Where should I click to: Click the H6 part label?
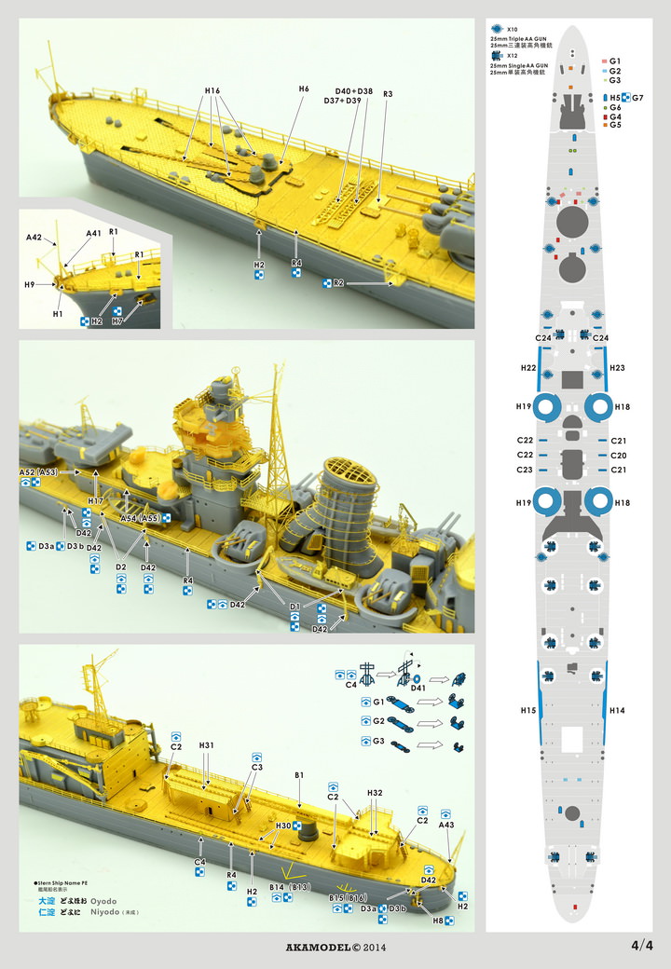tap(304, 89)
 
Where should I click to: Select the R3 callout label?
tap(388, 94)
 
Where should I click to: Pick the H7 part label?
tap(117, 321)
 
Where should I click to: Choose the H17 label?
tap(96, 501)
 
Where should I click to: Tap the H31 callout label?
tap(206, 745)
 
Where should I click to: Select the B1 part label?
tap(299, 774)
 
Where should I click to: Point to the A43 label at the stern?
tap(446, 825)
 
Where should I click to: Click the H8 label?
tap(437, 922)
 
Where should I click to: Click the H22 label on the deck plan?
tap(527, 368)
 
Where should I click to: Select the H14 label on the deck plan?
tap(616, 710)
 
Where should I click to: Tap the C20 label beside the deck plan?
tap(616, 455)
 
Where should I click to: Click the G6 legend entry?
tap(615, 107)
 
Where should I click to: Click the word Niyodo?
tap(103, 914)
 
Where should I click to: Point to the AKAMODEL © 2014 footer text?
tap(335, 948)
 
